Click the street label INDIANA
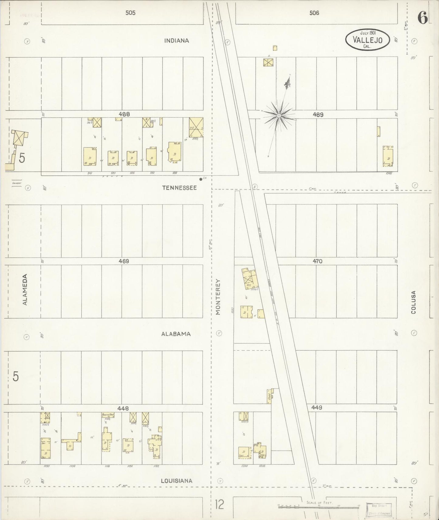coord(177,41)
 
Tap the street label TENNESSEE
coord(179,188)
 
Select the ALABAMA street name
coord(176,334)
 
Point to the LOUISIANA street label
coord(177,481)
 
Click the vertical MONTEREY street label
coord(218,297)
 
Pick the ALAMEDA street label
coord(25,289)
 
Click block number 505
coord(130,13)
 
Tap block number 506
coord(314,13)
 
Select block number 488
coord(124,114)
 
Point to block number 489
coord(318,115)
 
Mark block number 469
coord(124,261)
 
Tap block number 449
coord(316,408)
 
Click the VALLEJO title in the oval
coord(368,40)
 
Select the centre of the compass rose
coord(279,116)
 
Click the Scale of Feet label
coord(320,503)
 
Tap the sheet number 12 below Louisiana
coord(219,505)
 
